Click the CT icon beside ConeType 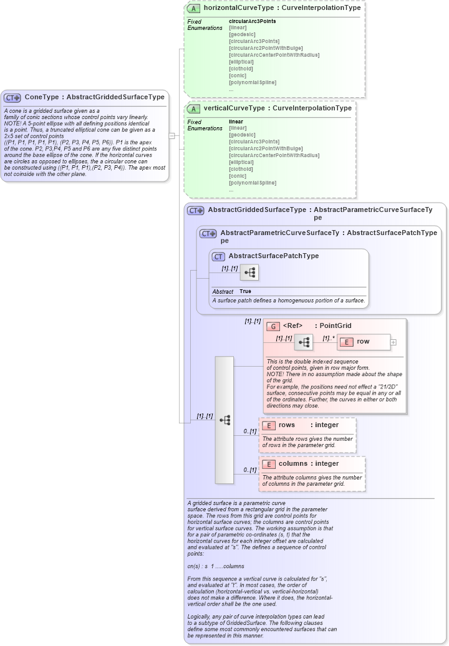click(12, 97)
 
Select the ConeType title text click(94, 97)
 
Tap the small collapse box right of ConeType click(171, 135)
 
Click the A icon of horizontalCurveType click(194, 9)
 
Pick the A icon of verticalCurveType click(194, 108)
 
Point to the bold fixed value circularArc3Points click(252, 21)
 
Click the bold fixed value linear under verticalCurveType click(236, 122)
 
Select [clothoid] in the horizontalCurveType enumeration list click(241, 69)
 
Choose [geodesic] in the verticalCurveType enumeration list click(242, 135)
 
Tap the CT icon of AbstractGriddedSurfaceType click(196, 211)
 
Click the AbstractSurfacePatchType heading click(274, 256)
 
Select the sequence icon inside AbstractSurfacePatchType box click(249, 272)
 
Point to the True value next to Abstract click(246, 291)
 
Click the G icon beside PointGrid click(273, 326)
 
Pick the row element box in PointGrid click(362, 342)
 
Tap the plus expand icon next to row click(393, 342)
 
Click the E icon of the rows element click(269, 425)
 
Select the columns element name click(292, 463)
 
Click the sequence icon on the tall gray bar click(224, 420)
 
